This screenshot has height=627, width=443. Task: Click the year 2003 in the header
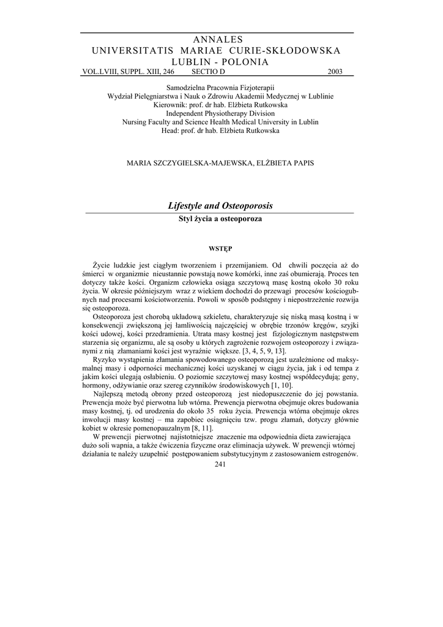click(335, 72)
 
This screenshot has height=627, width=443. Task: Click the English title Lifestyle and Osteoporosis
click(221, 206)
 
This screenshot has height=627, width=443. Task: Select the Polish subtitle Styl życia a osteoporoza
click(221, 218)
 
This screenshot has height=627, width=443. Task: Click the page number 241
click(221, 465)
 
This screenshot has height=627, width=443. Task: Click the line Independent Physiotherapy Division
click(220, 113)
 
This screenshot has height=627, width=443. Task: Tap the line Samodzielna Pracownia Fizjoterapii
click(220, 88)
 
